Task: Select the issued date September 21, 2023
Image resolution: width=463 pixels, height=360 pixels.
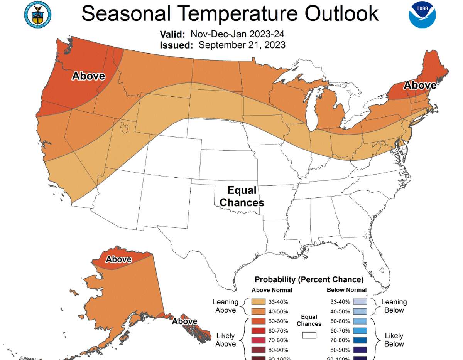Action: click(x=242, y=45)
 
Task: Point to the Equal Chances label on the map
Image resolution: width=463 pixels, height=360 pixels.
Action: click(x=242, y=196)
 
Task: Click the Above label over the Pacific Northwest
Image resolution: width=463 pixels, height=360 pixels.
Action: click(x=88, y=76)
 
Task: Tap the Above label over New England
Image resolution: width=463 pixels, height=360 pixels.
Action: click(x=420, y=85)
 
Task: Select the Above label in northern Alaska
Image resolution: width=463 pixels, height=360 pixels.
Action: click(x=118, y=259)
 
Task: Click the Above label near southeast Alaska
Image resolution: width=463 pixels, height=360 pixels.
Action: click(x=184, y=321)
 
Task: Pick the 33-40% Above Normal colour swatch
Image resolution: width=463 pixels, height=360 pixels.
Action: click(x=259, y=302)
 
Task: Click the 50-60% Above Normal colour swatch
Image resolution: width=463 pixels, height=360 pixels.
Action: click(x=259, y=321)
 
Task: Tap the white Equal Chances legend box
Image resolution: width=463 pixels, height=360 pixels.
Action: click(x=309, y=335)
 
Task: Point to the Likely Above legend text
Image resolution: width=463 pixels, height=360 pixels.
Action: click(x=226, y=340)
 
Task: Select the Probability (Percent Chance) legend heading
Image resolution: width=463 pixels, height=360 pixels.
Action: click(x=309, y=279)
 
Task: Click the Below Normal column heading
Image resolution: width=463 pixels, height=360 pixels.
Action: click(x=346, y=290)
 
